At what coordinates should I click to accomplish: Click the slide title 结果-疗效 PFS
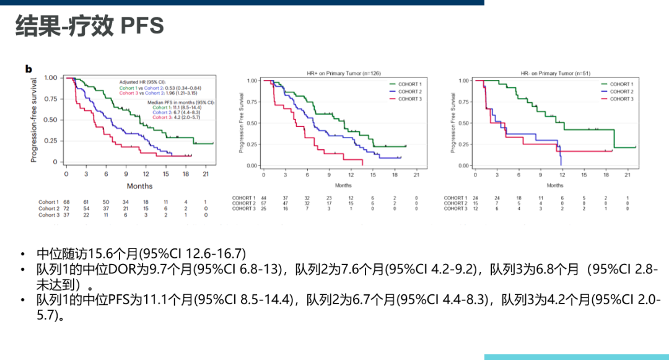click(90, 25)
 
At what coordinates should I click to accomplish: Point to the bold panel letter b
click(28, 69)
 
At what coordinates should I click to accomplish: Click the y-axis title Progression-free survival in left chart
click(34, 120)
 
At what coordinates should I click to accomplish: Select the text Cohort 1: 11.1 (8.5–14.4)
click(183, 107)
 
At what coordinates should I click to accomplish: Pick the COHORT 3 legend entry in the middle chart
click(409, 99)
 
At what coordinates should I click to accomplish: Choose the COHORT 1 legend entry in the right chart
click(621, 84)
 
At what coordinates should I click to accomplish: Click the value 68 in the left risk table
click(66, 202)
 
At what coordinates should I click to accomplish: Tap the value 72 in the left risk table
click(66, 209)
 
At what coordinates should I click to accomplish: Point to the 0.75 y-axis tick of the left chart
click(51, 99)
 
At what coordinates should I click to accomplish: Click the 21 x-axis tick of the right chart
click(627, 175)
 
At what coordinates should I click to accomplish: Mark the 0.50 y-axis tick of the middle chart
click(251, 123)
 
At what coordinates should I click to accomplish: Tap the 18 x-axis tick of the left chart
click(186, 174)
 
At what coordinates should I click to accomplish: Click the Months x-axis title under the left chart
click(139, 186)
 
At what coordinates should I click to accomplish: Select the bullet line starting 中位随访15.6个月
click(141, 253)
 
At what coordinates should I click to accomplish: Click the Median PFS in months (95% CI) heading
click(181, 102)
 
